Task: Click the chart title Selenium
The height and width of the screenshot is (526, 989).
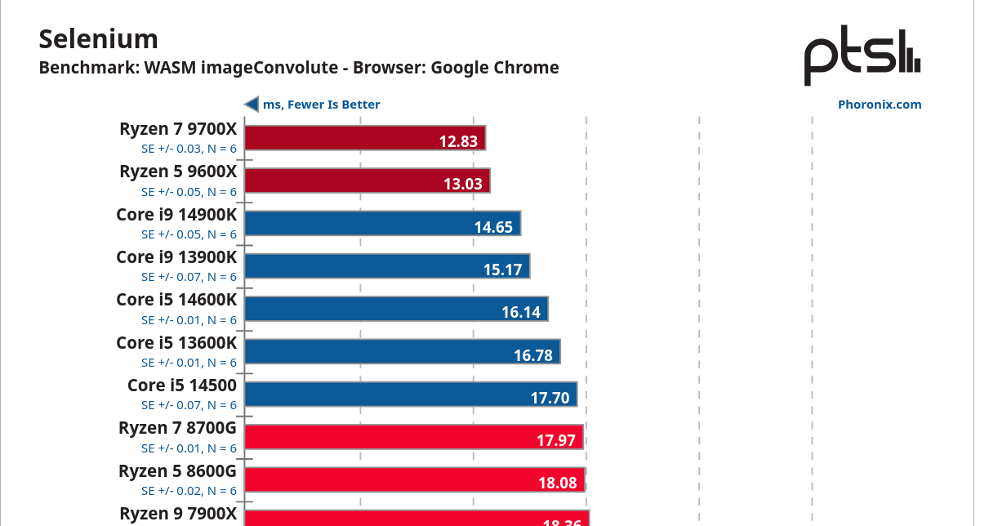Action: coord(98,38)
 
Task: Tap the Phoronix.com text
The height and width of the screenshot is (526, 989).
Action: coord(879,105)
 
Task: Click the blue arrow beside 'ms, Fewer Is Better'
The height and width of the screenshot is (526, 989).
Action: coord(252,105)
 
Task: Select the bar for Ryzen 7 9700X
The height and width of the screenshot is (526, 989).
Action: coord(365,138)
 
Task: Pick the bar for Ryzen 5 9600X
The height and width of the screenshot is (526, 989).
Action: coord(367,181)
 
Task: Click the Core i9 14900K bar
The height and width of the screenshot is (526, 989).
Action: coord(382,223)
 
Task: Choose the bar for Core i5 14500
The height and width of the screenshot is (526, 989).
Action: coord(411,394)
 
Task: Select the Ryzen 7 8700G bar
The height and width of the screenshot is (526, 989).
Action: coord(413,437)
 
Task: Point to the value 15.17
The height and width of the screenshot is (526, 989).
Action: coord(502,269)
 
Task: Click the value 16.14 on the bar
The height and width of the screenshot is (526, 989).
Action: coord(520,312)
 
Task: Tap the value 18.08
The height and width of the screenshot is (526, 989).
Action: coord(557,483)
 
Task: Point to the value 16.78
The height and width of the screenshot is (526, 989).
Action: coord(532,354)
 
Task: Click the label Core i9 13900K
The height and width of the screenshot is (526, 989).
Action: coord(176,257)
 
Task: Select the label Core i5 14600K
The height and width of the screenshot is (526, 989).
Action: coord(176,300)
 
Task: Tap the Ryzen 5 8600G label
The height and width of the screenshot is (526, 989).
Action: coord(177,470)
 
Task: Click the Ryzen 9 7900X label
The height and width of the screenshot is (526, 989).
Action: coord(178,513)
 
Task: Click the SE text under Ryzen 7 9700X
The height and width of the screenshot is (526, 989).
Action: coord(189,149)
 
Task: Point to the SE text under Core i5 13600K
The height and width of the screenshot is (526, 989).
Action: coord(189,363)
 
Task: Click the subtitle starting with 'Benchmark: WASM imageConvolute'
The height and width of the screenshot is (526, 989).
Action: coord(299,68)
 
